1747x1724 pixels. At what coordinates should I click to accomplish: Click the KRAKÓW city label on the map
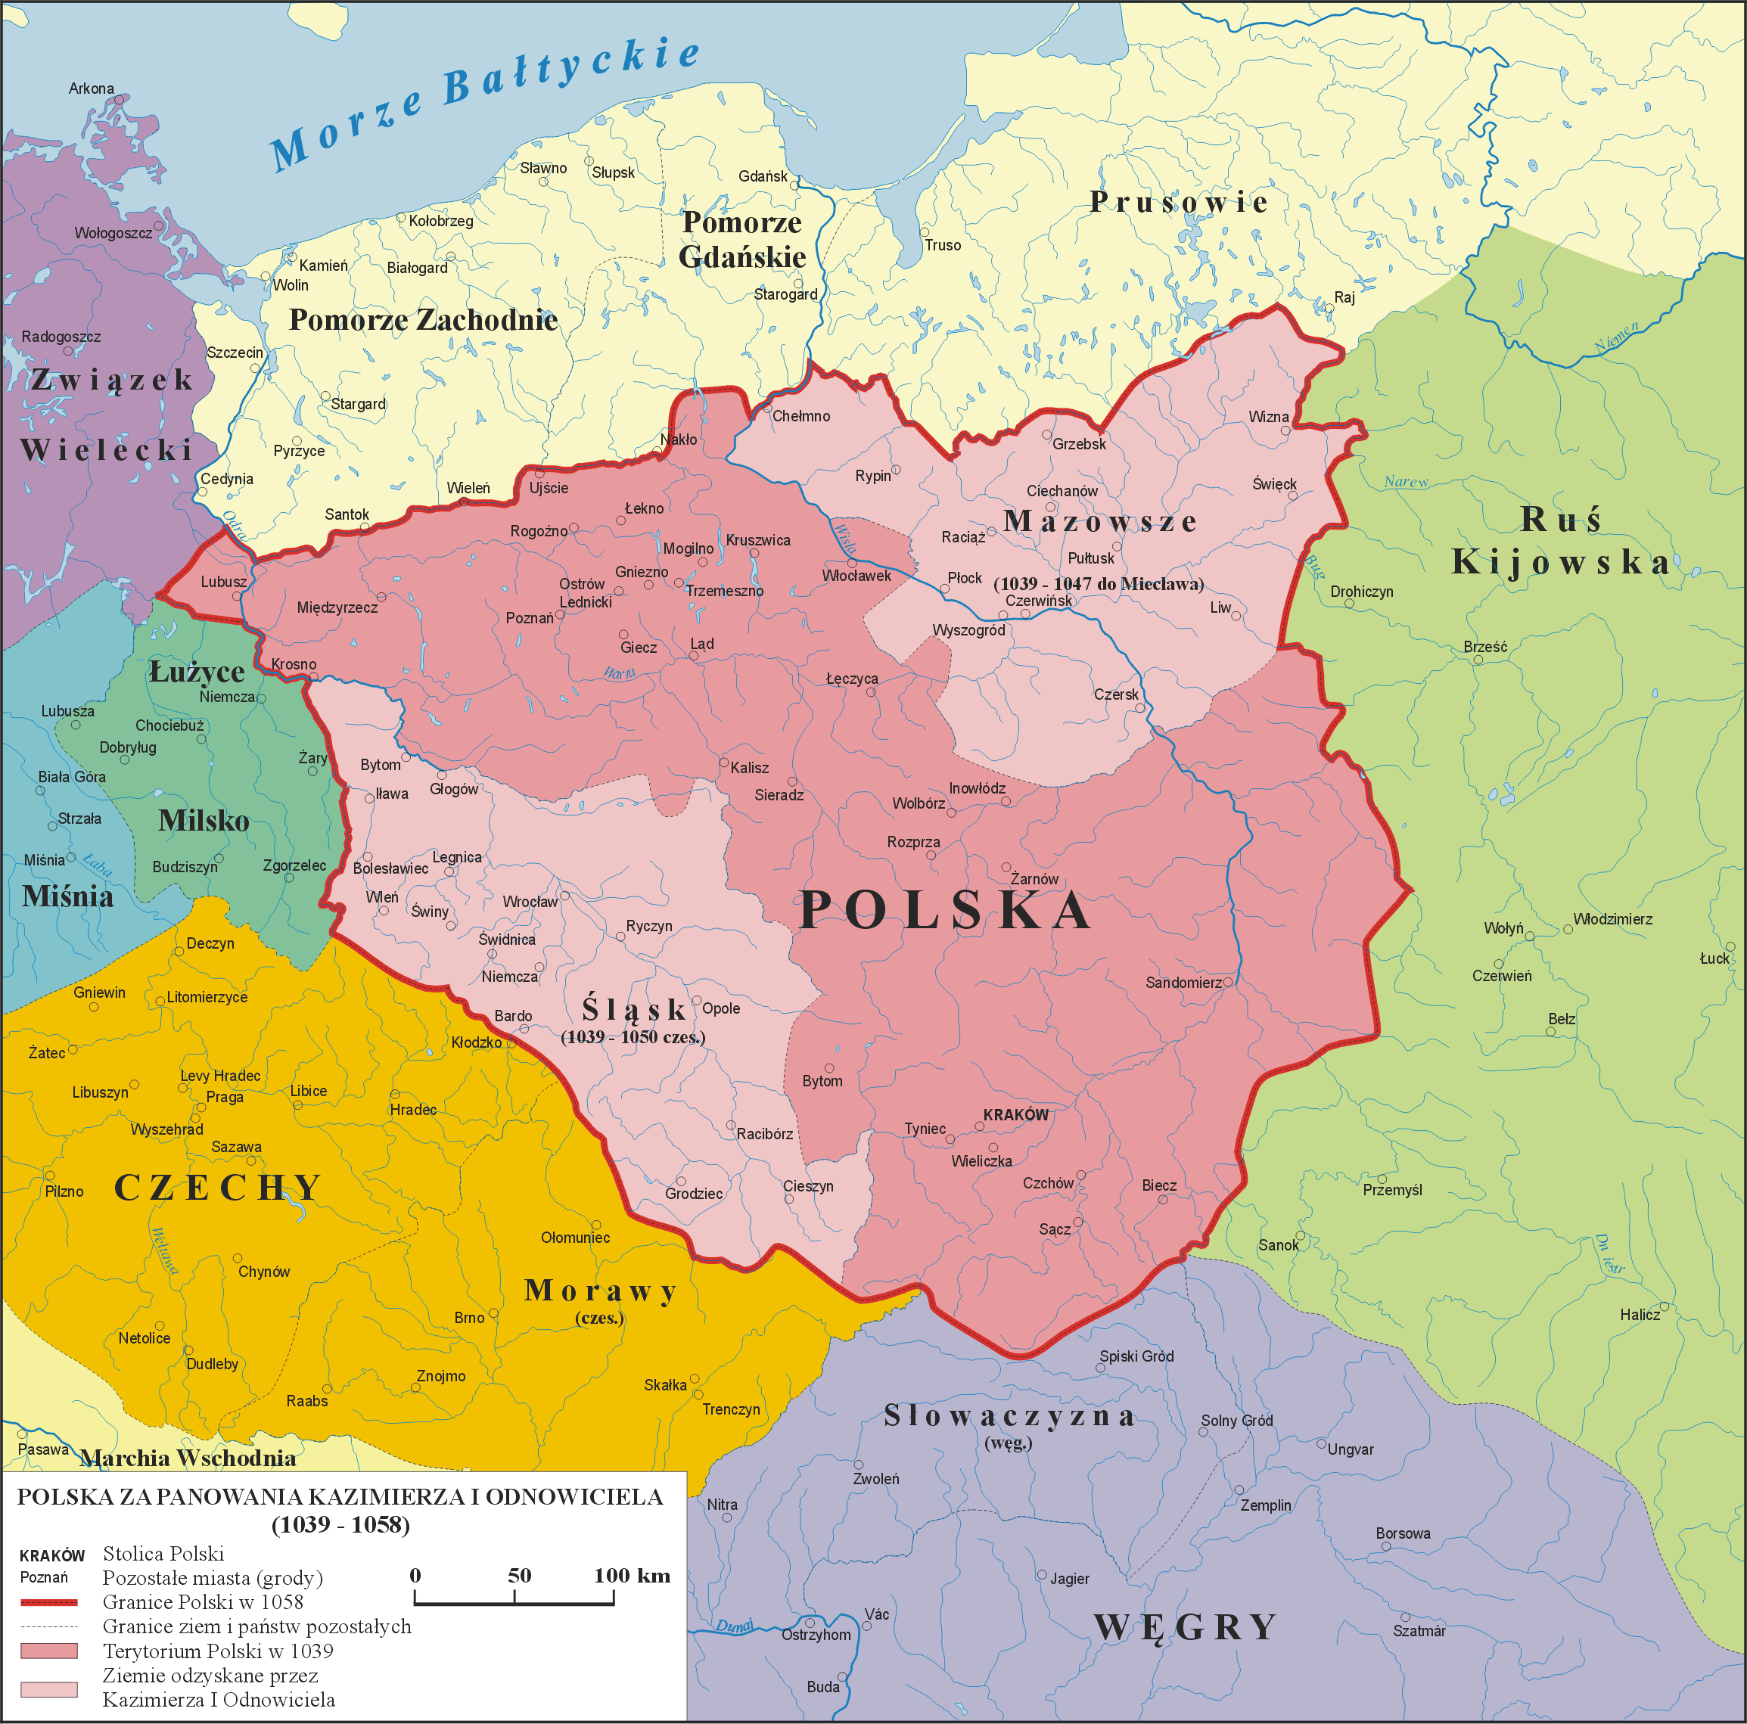click(x=1015, y=1115)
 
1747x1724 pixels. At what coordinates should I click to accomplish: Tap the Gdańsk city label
click(x=762, y=176)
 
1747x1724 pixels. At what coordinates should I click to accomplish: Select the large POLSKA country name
click(x=945, y=909)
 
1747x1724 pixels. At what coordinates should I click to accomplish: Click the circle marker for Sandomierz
click(x=1227, y=981)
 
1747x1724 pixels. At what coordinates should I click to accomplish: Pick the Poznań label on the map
click(x=529, y=618)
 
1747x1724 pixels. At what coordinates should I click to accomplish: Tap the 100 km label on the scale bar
click(x=631, y=1576)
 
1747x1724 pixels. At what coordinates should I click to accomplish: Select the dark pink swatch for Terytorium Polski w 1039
click(x=49, y=1651)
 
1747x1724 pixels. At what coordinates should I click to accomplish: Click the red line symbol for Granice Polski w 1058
click(x=49, y=1602)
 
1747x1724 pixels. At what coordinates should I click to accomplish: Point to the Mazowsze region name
click(x=1099, y=522)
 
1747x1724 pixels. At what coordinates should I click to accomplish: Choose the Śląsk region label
click(x=633, y=1009)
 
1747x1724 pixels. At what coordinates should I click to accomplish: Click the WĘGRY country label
click(x=1185, y=1627)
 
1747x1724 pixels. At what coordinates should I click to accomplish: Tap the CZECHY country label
click(x=217, y=1188)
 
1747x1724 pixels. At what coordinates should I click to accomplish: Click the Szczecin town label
click(x=235, y=353)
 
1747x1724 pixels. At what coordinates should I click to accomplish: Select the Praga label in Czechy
click(x=224, y=1098)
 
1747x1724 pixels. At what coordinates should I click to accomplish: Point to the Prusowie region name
click(x=1178, y=202)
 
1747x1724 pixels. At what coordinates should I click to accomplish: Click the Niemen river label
click(x=1615, y=337)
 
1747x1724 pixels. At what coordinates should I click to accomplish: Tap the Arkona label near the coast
click(x=92, y=89)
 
